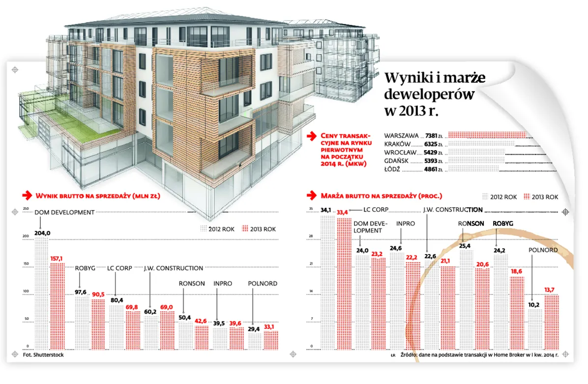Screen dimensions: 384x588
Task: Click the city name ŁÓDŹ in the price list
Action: tap(392, 169)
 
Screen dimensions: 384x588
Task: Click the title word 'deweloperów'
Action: tap(429, 94)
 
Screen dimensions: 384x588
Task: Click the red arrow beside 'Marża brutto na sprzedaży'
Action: tap(311, 195)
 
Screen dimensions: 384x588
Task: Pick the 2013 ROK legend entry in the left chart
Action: tap(259, 229)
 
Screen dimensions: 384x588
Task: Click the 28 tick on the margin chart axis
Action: tap(311, 237)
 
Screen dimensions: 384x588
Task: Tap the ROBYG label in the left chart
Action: tap(85, 268)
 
